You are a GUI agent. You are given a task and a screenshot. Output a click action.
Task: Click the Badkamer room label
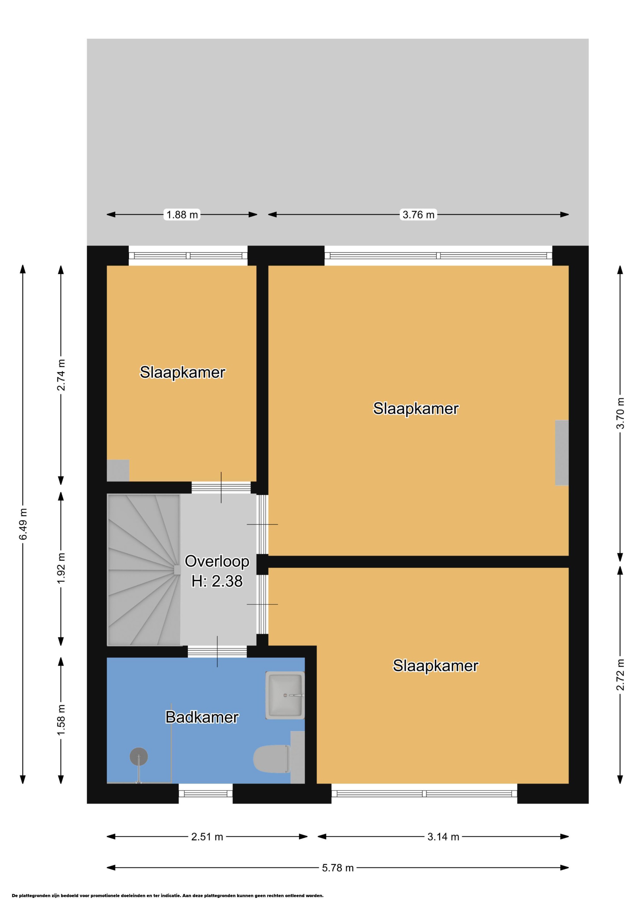tap(202, 717)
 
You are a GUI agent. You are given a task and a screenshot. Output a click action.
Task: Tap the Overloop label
tap(217, 561)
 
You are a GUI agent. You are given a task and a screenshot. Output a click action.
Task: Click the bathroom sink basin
tap(285, 695)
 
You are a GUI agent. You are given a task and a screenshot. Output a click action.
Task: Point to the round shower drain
tap(139, 756)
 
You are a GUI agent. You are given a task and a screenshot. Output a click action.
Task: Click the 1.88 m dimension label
tap(182, 215)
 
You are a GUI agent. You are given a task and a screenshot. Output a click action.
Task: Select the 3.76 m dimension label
tap(418, 215)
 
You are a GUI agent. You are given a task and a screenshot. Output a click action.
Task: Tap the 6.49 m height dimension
tap(23, 524)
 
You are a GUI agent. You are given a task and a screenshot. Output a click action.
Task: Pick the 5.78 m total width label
tap(338, 868)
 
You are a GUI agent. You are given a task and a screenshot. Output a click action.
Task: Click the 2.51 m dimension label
tap(207, 837)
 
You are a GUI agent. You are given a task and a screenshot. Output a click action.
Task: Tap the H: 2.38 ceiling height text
tap(217, 581)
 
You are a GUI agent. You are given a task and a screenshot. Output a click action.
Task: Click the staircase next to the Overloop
tap(144, 570)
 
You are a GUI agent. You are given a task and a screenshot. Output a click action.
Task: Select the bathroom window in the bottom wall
tap(205, 793)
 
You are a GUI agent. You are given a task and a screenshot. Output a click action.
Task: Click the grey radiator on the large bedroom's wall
tap(562, 452)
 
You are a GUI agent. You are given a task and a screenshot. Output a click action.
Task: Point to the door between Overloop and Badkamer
tap(217, 652)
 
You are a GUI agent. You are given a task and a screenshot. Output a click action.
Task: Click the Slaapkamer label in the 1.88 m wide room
tap(182, 372)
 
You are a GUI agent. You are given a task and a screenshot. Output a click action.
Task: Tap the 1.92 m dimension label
tap(61, 568)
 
